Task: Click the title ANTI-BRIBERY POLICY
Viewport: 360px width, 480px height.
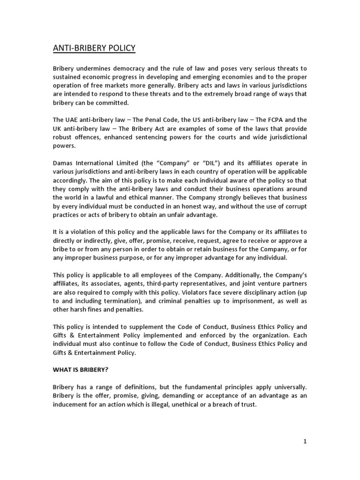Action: coord(94,48)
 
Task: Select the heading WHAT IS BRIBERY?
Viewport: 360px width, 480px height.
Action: coord(80,369)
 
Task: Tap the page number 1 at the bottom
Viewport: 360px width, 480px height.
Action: coord(305,441)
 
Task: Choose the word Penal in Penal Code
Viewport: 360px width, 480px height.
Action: coord(150,120)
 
